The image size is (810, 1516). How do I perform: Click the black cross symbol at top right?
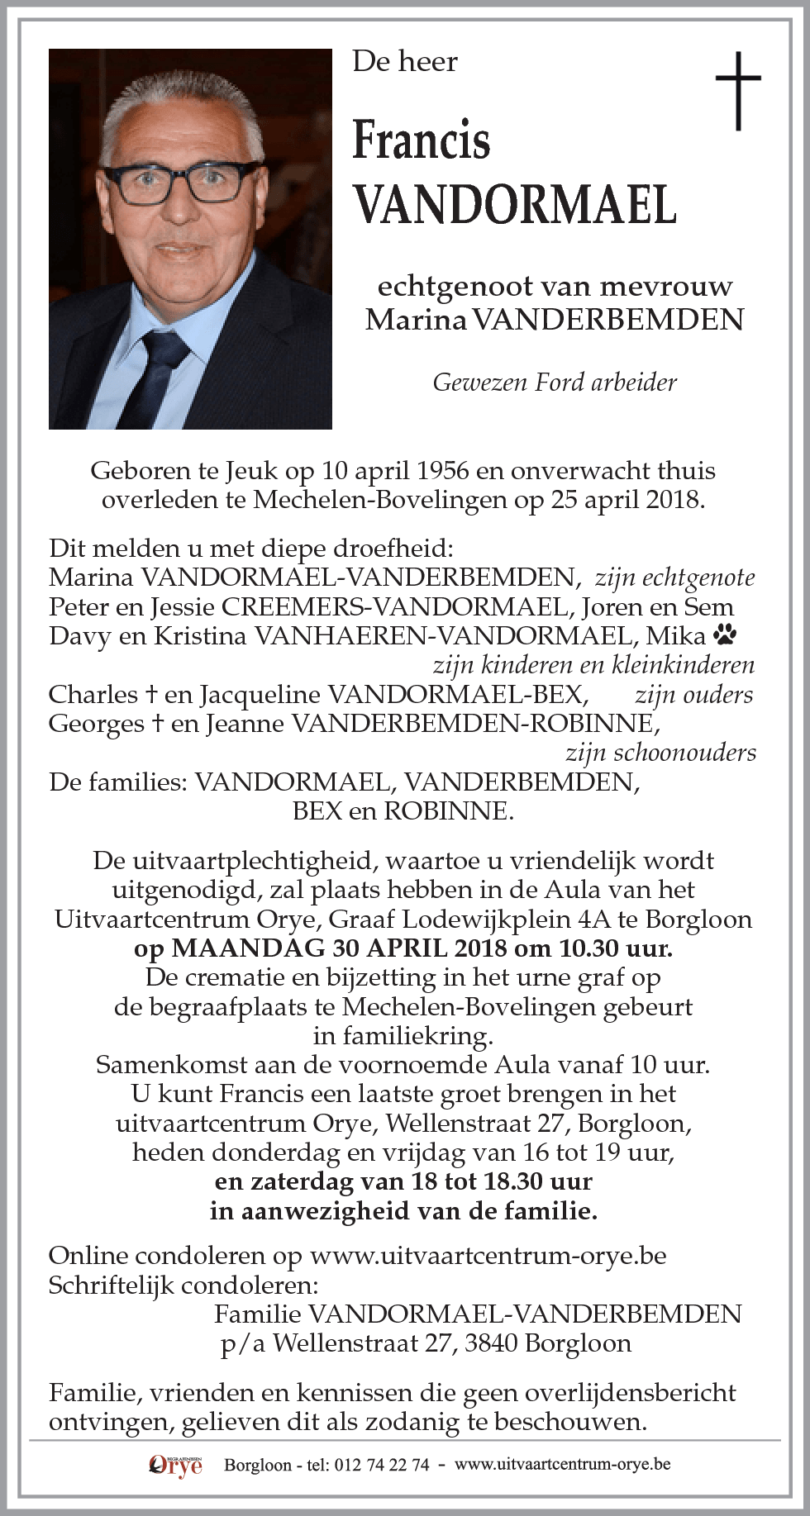click(x=737, y=90)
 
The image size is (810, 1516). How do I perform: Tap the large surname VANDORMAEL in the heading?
click(x=514, y=205)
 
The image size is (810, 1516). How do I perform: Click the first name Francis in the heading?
click(x=421, y=140)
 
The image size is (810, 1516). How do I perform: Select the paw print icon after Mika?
click(x=727, y=634)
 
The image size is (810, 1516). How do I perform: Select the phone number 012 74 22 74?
click(x=380, y=1465)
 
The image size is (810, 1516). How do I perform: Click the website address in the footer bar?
click(x=562, y=1464)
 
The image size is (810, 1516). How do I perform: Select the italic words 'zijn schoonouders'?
click(x=660, y=753)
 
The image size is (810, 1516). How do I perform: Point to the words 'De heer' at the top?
click(x=404, y=62)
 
